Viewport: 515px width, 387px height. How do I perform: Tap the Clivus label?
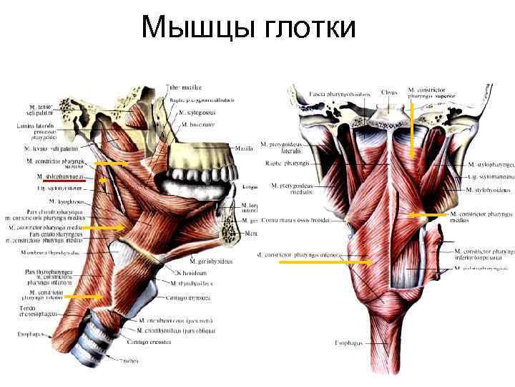coord(389,92)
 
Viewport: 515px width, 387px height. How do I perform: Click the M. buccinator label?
coord(195,124)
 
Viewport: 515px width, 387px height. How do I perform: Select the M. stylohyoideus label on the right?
coord(488,190)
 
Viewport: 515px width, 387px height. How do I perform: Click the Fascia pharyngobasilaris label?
coord(339,94)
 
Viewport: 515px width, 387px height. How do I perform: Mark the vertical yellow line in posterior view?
coord(412,129)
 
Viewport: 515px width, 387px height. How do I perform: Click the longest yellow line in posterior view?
coord(325,262)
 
